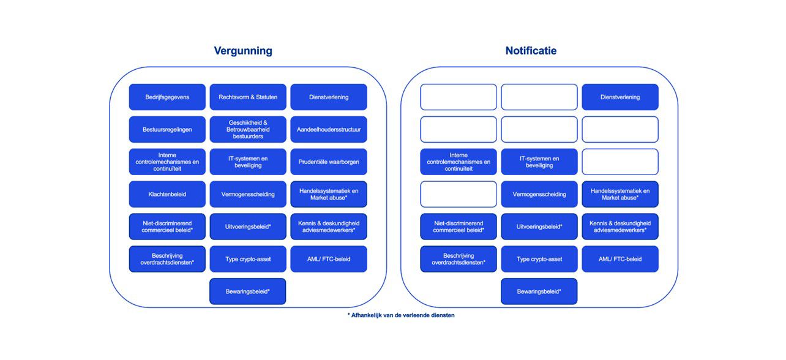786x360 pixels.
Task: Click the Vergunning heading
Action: click(x=243, y=51)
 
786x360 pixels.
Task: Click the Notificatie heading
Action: click(x=531, y=51)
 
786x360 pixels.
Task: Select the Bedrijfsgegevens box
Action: click(x=167, y=97)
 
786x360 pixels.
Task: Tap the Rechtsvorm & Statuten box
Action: click(x=248, y=97)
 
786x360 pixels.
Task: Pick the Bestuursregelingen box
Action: click(x=167, y=129)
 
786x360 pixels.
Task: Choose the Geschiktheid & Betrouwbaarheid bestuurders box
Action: click(x=248, y=129)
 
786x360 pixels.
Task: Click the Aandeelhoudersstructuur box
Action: click(x=329, y=129)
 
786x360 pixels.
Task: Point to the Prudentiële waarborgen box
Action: click(x=329, y=162)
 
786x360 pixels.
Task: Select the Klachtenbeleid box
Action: click(x=167, y=194)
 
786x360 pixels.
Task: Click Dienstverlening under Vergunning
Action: click(x=329, y=97)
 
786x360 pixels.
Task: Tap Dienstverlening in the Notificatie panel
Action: click(x=620, y=97)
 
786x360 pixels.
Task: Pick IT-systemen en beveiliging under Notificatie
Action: click(x=539, y=162)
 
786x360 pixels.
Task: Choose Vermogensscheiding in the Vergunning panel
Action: click(x=248, y=194)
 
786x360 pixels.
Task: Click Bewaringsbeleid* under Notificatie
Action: click(x=539, y=291)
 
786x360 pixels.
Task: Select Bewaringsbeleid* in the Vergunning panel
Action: click(x=248, y=291)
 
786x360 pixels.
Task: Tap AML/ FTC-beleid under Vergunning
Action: click(x=329, y=259)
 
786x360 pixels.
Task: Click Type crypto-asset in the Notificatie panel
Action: click(x=539, y=259)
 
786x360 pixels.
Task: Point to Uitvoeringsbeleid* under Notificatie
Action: click(x=539, y=227)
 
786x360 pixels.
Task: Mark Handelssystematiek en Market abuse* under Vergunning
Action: click(x=329, y=194)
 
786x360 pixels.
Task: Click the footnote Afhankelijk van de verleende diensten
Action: click(x=402, y=315)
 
